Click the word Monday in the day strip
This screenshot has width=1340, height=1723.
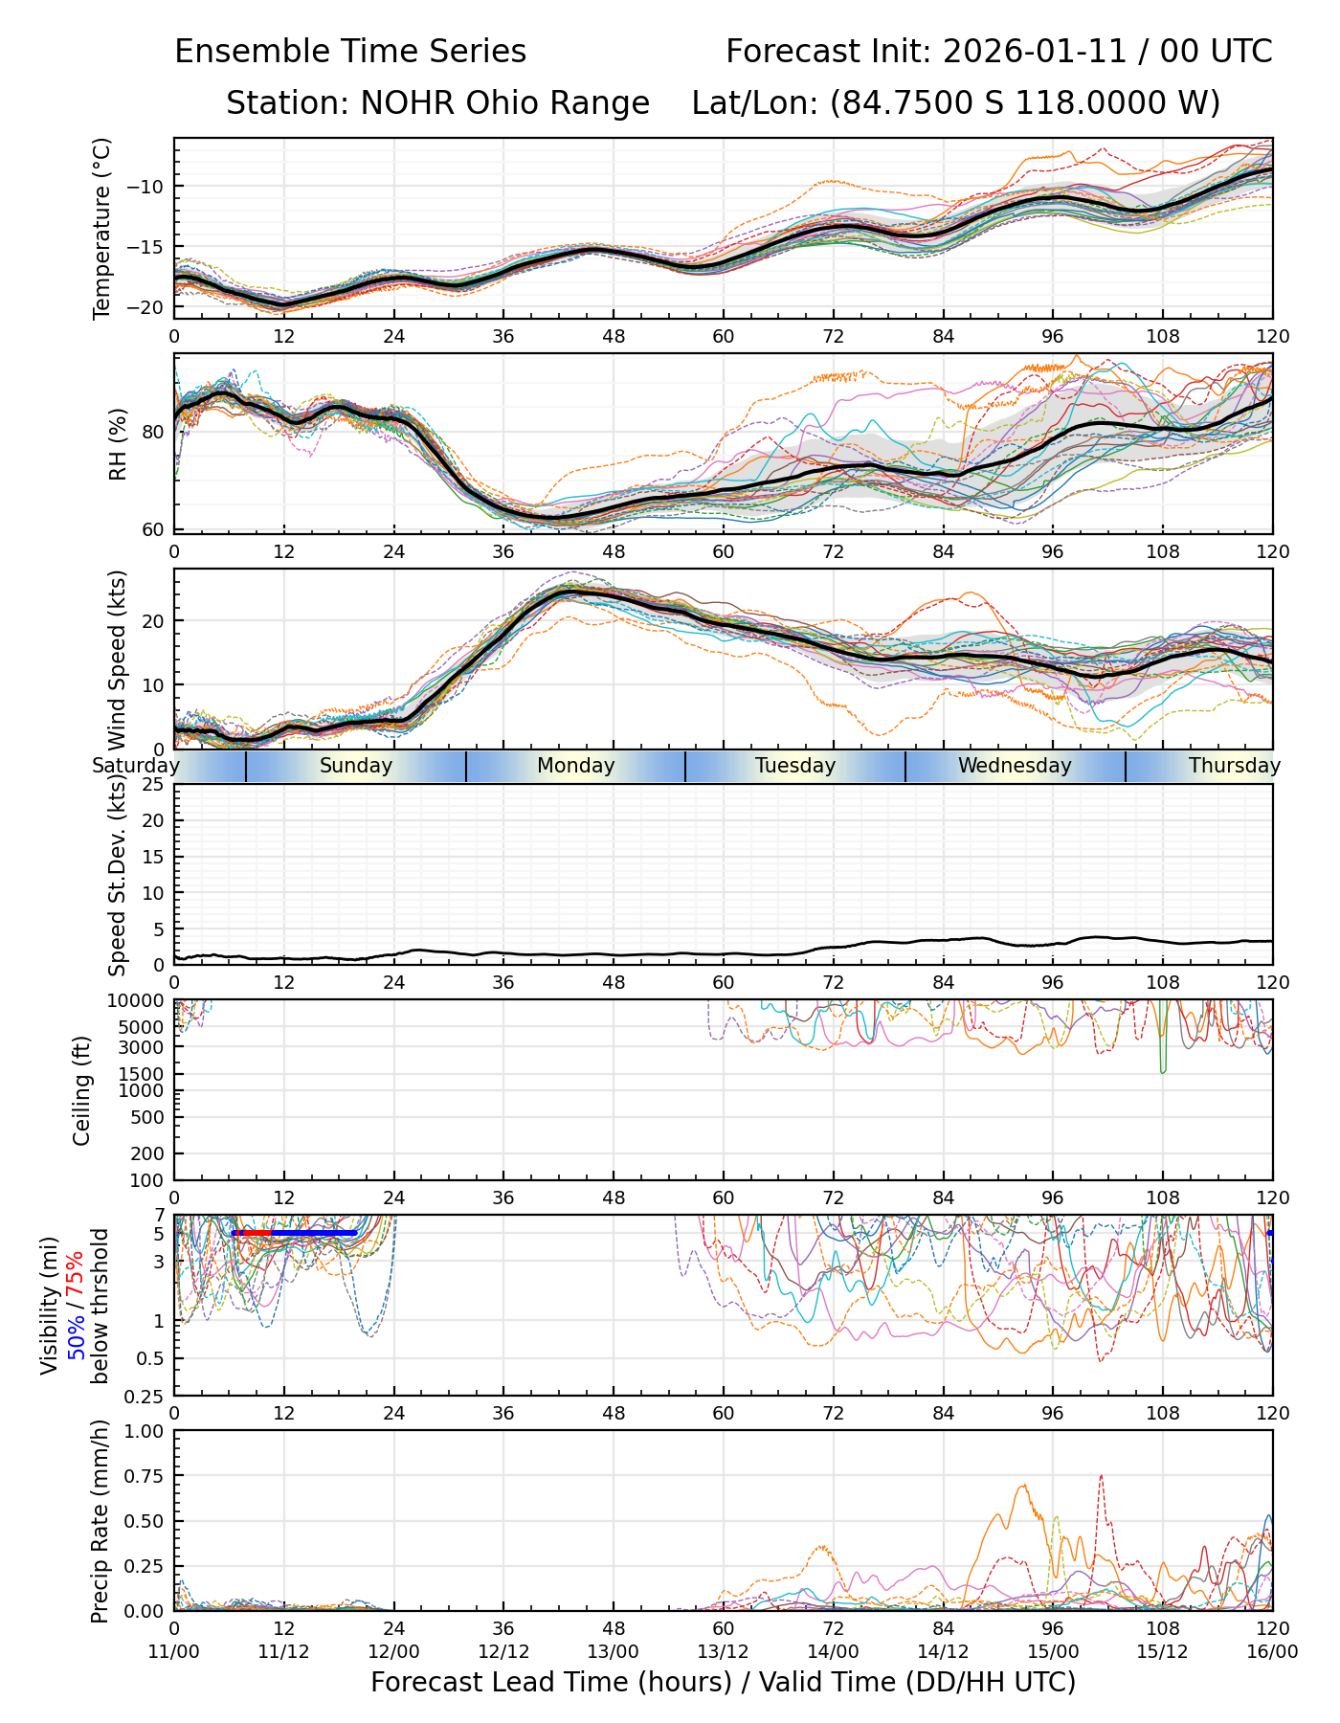[x=575, y=766]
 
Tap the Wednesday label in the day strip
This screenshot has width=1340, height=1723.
[x=1015, y=766]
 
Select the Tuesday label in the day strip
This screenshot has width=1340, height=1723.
[x=795, y=766]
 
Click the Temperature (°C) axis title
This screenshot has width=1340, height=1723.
[x=102, y=228]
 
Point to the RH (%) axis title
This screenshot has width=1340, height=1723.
[x=118, y=444]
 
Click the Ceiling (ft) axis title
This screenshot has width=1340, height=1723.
[x=82, y=1090]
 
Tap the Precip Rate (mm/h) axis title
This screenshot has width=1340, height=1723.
[x=100, y=1521]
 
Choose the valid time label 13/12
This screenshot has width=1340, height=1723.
[x=723, y=1651]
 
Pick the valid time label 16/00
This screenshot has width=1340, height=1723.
[x=1272, y=1651]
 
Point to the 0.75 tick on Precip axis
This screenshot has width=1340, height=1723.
[x=144, y=1476]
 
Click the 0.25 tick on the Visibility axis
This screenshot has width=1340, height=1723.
[x=146, y=1395]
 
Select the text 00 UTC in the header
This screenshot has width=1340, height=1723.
[x=1217, y=52]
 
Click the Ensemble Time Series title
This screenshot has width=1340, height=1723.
[x=350, y=52]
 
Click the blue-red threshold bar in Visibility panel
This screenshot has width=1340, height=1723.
[x=294, y=1233]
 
